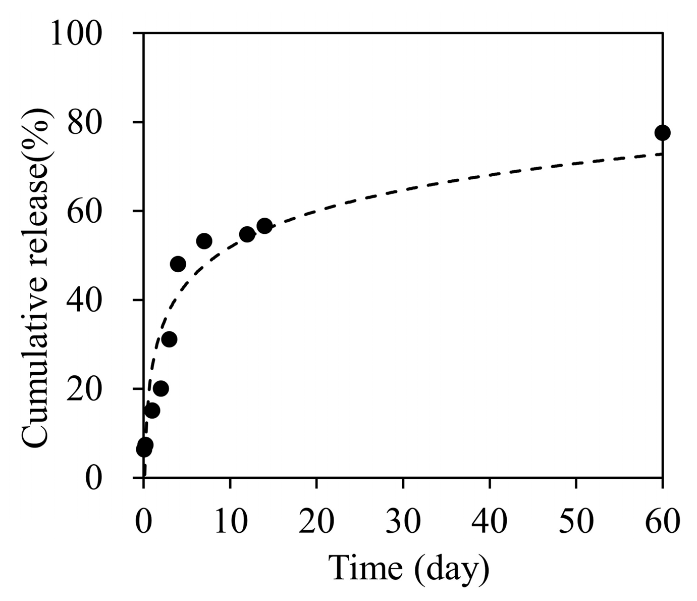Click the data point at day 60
[662, 133]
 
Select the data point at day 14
[264, 226]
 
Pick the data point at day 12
[247, 234]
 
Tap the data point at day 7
[204, 241]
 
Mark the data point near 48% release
[178, 264]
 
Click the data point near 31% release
[170, 339]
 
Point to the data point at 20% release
[161, 388]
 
